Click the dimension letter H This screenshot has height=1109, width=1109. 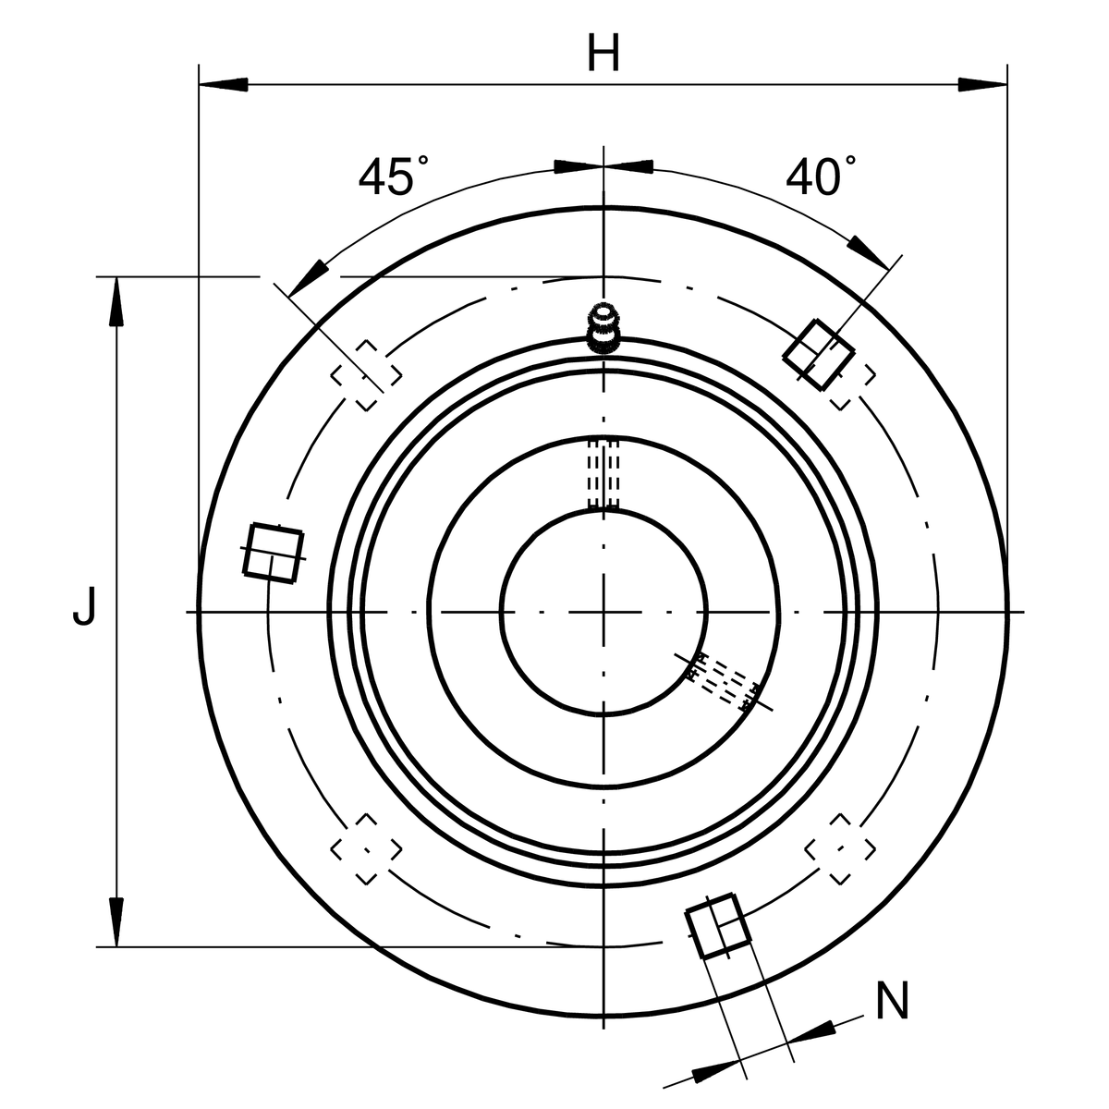pyautogui.click(x=603, y=53)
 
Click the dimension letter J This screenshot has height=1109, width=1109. pyautogui.click(x=84, y=606)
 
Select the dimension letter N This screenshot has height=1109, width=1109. pyautogui.click(x=892, y=1001)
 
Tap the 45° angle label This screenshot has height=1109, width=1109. pyautogui.click(x=394, y=175)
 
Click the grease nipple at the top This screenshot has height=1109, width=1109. pyautogui.click(x=603, y=329)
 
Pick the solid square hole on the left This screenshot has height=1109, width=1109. pyautogui.click(x=273, y=553)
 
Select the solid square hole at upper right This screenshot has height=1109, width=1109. pyautogui.click(x=819, y=355)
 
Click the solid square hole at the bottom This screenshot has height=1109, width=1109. pyautogui.click(x=718, y=925)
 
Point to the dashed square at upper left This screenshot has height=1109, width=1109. pyautogui.click(x=366, y=375)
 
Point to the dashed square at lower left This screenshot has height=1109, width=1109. pyautogui.click(x=366, y=849)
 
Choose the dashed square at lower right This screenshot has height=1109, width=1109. pyautogui.click(x=840, y=849)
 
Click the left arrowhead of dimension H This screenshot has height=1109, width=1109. pyautogui.click(x=224, y=85)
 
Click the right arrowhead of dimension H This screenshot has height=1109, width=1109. pyautogui.click(x=982, y=85)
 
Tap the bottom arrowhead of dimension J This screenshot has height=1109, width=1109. pyautogui.click(x=116, y=922)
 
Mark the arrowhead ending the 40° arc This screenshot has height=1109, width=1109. pyautogui.click(x=869, y=252)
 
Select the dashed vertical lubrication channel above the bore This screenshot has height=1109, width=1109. pyautogui.click(x=603, y=474)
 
